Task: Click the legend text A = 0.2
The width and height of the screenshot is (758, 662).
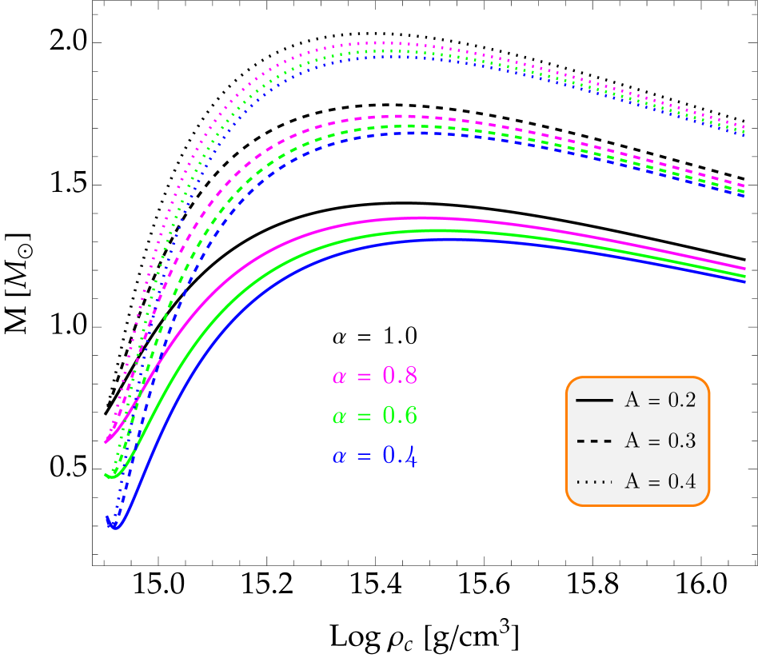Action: tap(660, 401)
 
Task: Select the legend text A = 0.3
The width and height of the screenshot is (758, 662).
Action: tap(660, 441)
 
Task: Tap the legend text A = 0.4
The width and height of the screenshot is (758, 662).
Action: tap(660, 481)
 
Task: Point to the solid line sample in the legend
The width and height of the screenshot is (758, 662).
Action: tap(594, 400)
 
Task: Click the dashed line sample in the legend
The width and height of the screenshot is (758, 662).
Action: tap(594, 441)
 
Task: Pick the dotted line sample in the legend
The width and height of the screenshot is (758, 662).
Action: tap(594, 481)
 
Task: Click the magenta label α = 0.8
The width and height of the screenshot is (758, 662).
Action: tap(374, 376)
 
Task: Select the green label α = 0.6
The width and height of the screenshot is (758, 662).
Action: tap(374, 416)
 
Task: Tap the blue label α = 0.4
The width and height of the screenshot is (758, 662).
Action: tap(374, 457)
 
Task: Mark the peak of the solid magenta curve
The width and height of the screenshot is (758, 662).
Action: tap(420, 217)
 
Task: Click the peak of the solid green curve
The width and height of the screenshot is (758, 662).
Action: tap(428, 230)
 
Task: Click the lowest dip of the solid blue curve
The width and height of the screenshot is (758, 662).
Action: tap(116, 528)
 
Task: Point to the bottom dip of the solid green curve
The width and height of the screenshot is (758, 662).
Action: tap(114, 478)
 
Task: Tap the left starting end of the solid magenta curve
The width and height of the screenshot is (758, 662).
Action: tap(106, 441)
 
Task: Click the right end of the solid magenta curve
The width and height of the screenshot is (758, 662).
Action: tap(745, 269)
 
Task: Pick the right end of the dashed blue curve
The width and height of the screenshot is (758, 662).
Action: tap(745, 197)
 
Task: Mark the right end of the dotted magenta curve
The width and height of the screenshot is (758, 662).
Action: tap(745, 127)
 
